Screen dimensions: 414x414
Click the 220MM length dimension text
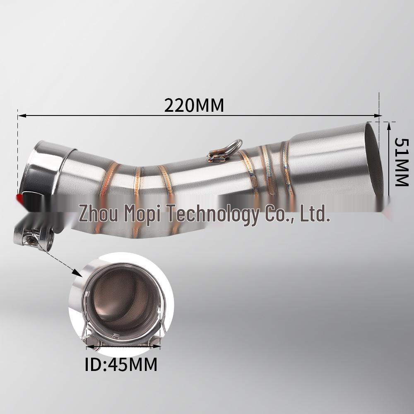tap(194, 105)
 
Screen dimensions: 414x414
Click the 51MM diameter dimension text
tap(401, 162)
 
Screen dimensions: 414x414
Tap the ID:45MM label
tap(121, 365)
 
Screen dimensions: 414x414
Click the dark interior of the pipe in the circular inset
tap(122, 298)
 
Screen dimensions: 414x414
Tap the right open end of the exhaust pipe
tap(373, 159)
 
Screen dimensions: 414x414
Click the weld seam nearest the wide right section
tap(288, 166)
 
